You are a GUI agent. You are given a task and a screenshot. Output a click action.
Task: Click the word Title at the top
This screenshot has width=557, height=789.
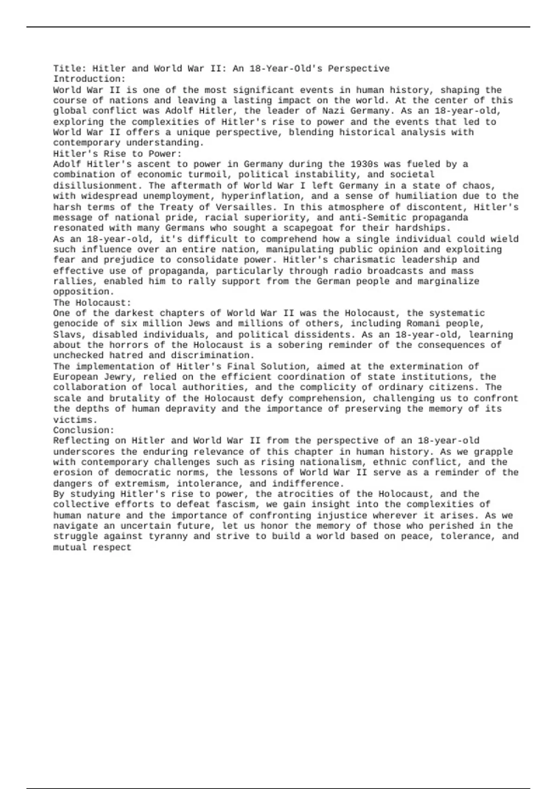(x=68, y=69)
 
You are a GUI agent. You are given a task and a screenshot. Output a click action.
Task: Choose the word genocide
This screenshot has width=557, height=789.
(x=75, y=323)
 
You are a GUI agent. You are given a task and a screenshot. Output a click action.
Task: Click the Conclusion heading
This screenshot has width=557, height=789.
(x=84, y=430)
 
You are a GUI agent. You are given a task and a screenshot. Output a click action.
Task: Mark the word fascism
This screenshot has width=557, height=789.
(x=235, y=504)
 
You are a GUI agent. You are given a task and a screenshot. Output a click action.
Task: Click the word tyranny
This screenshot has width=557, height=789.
(x=168, y=537)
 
